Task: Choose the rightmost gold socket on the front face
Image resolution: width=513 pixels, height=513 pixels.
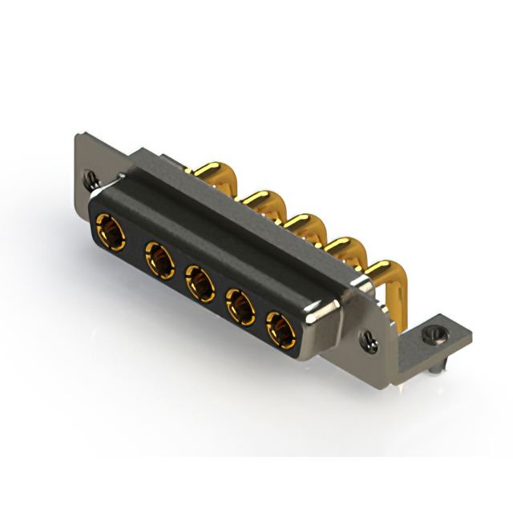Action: tap(280, 328)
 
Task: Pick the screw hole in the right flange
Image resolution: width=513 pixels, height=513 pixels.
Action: tap(370, 341)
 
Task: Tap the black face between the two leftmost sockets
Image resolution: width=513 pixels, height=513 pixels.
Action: tap(134, 246)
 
